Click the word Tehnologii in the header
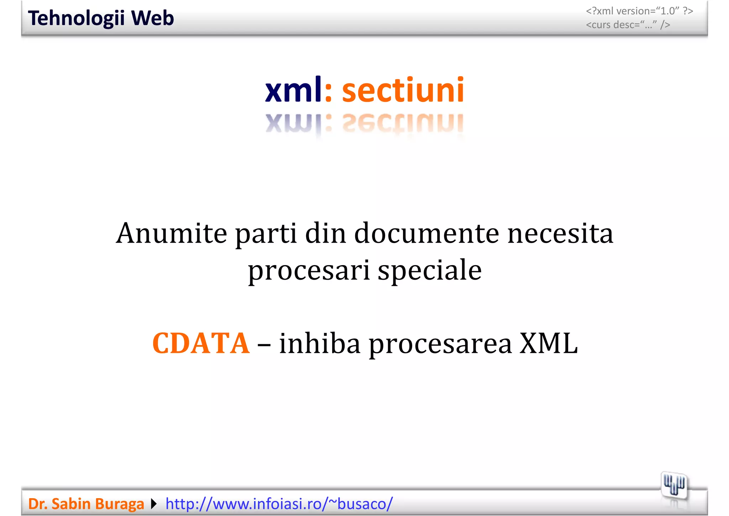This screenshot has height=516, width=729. pos(76,18)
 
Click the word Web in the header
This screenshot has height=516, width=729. pos(152,18)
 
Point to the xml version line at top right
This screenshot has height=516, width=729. pos(639,11)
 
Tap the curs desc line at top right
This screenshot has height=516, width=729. pos(628,25)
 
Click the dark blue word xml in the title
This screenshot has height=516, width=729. pos(293,90)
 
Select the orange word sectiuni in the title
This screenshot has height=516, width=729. pos(403,90)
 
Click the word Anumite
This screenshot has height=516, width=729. pos(172,233)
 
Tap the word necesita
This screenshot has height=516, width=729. pos(560,233)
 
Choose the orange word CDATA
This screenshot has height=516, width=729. pos(201,343)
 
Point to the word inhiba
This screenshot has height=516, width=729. pos(320,343)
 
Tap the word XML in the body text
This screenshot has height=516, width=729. pos(549,343)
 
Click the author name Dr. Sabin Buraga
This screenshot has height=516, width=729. pos(86,504)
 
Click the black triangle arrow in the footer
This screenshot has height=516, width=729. pos(154,504)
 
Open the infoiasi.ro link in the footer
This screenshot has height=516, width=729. pos(279,504)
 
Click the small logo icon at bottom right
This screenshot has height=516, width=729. pos(674,486)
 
